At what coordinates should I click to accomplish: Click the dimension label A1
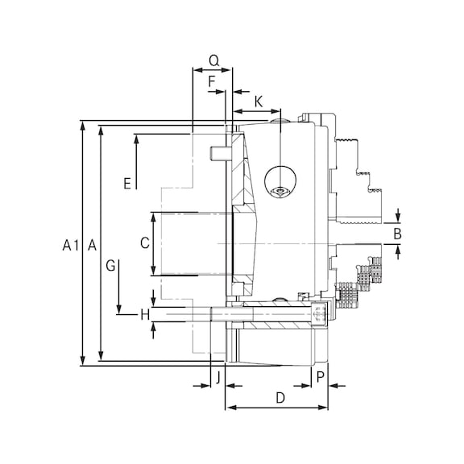pos(71,246)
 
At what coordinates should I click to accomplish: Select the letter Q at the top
pos(214,60)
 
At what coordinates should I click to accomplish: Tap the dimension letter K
pos(259,101)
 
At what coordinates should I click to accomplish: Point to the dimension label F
pos(212,81)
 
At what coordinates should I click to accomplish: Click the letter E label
pos(127,184)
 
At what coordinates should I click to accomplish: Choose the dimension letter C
pos(145,243)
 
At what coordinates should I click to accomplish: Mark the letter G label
pos(110,266)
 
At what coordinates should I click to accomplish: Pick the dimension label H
pos(145,314)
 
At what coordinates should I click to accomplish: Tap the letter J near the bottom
pos(218,378)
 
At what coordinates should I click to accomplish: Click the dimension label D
pos(280,398)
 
